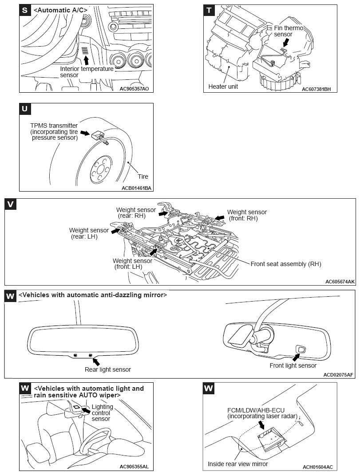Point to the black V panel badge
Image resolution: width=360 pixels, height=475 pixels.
click(11, 204)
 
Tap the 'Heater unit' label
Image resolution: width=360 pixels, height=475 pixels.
click(223, 86)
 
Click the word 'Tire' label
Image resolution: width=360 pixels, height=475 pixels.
click(142, 177)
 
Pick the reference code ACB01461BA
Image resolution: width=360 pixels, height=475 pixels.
click(136, 188)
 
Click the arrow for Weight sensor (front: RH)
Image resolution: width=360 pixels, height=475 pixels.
click(219, 218)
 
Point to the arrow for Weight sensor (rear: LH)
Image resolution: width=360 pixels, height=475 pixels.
click(115, 231)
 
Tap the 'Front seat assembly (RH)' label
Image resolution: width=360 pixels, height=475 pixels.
click(285, 264)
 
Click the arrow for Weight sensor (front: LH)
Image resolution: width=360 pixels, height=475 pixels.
click(154, 252)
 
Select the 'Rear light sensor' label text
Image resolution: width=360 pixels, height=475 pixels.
click(107, 369)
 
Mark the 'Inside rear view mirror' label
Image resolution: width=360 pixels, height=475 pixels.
click(237, 464)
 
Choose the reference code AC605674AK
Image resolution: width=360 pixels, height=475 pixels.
click(340, 281)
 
